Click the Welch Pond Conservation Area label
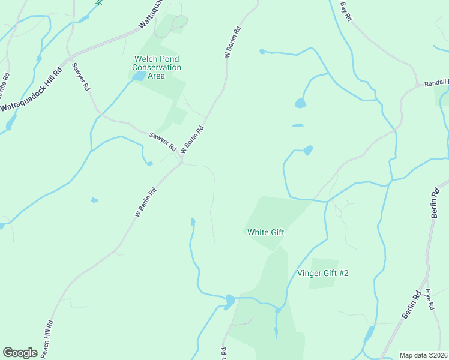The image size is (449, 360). coord(157,67)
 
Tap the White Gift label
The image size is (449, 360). coord(265,232)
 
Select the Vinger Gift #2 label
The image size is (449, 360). coord(323,274)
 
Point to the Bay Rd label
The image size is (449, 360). coord(345,11)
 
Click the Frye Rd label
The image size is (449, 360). coord(430,298)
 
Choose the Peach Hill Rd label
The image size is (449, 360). coord(46,339)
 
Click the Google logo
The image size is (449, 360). coord(20,352)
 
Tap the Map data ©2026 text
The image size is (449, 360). coord(424,355)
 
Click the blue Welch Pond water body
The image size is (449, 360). coord(139,77)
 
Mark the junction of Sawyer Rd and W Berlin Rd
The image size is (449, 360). coord(181,161)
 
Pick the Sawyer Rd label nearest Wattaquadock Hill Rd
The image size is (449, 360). coord(81,77)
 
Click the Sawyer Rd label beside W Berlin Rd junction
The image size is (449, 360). coord(162,142)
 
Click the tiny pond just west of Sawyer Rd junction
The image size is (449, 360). coord(149,163)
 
